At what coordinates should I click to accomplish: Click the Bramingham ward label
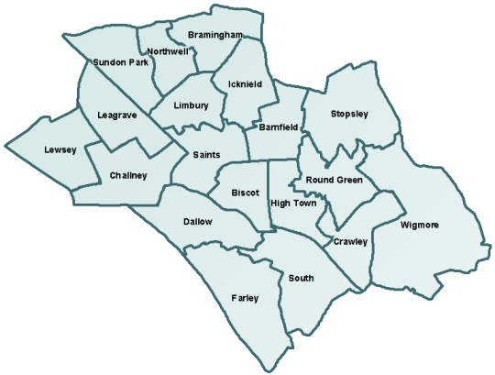click(x=214, y=35)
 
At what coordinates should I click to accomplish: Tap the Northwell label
click(x=167, y=51)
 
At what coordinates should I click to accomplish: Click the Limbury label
click(x=191, y=106)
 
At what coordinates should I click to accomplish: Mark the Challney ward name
click(x=127, y=175)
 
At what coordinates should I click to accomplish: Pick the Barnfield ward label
click(x=277, y=127)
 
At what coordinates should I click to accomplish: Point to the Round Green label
click(x=335, y=181)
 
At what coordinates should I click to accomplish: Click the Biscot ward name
click(x=246, y=193)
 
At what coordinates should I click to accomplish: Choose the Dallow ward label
click(x=197, y=222)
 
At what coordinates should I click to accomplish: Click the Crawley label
click(x=350, y=242)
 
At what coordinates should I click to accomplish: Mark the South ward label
click(x=300, y=277)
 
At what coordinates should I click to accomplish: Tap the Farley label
click(x=246, y=298)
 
